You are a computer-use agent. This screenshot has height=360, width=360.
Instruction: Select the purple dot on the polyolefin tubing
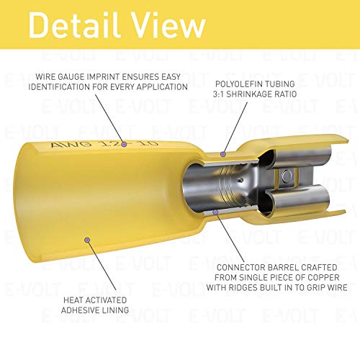pyautogui.click(x=223, y=153)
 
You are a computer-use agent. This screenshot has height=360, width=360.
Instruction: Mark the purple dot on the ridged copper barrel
pyautogui.click(x=213, y=212)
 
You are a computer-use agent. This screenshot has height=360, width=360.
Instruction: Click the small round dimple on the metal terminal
pyautogui.click(x=287, y=175)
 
